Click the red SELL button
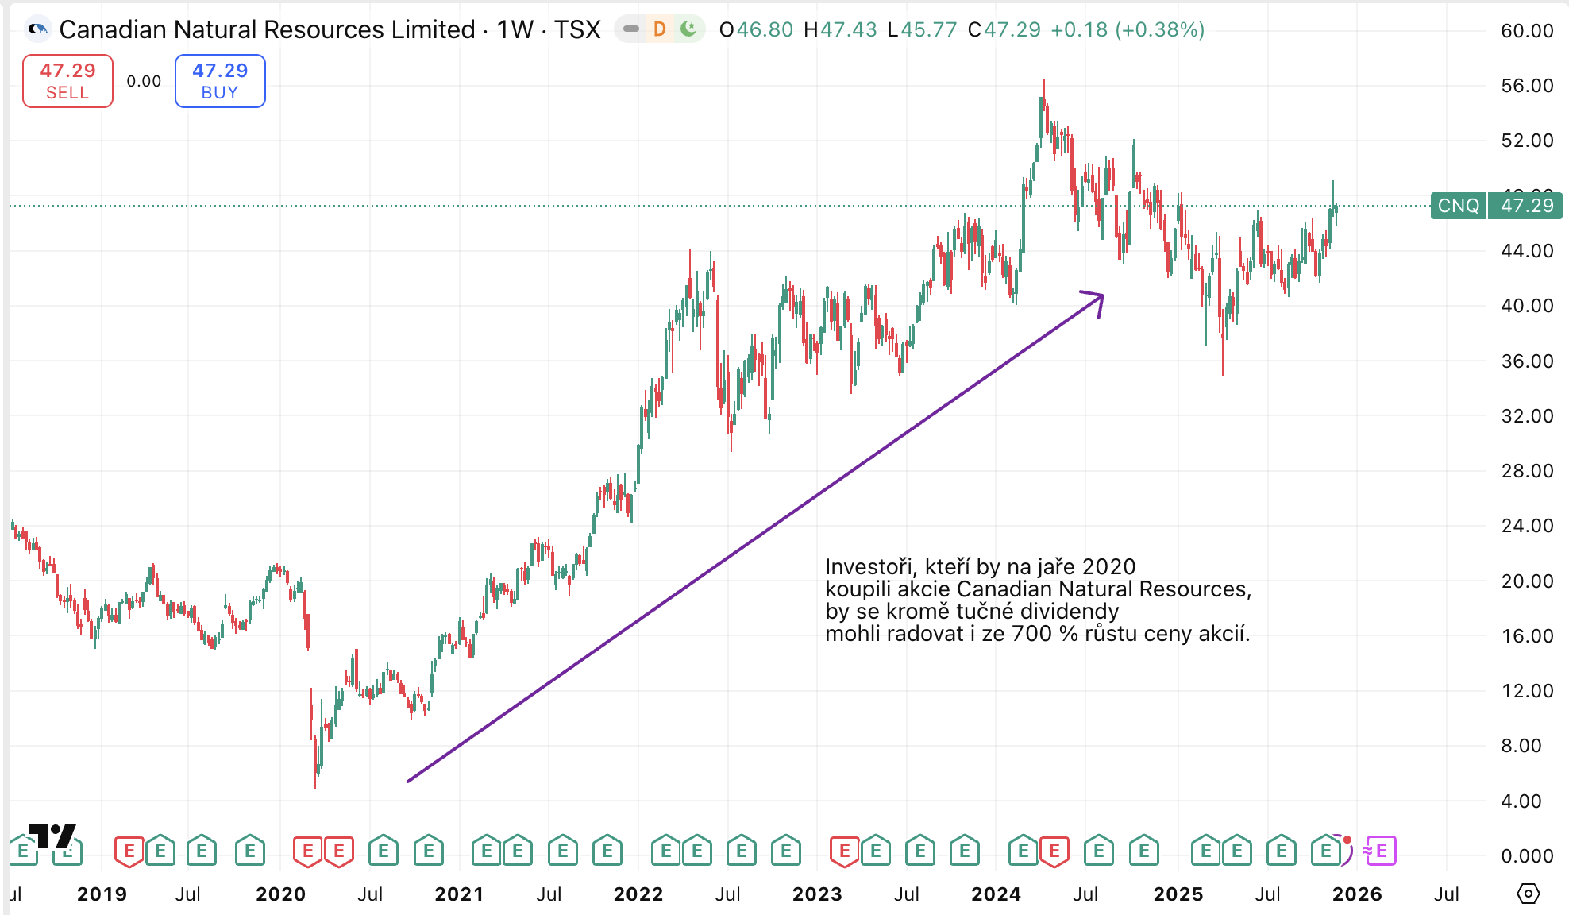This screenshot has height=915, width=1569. [x=67, y=81]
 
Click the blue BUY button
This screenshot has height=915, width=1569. [x=220, y=81]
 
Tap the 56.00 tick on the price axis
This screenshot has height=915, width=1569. [x=1526, y=86]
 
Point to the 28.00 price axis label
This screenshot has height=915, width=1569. [x=1526, y=471]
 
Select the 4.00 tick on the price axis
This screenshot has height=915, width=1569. [x=1521, y=801]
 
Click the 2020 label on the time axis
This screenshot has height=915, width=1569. [x=280, y=894]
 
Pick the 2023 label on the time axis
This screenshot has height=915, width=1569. [x=817, y=894]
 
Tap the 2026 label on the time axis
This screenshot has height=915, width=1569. [x=1357, y=894]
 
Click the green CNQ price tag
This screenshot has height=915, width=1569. [x=1458, y=206]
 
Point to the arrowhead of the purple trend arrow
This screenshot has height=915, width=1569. [x=1101, y=296]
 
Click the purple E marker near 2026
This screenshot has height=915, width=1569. [x=1381, y=851]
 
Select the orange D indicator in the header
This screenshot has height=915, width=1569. [x=659, y=30]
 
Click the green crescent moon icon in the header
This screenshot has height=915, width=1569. [x=688, y=29]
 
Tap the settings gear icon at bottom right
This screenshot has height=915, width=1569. [x=1528, y=894]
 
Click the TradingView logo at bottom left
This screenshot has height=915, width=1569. [x=52, y=836]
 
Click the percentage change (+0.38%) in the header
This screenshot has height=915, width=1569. [x=1160, y=30]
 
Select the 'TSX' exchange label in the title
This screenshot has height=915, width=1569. [x=577, y=30]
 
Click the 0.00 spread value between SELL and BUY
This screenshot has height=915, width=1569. [x=144, y=81]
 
